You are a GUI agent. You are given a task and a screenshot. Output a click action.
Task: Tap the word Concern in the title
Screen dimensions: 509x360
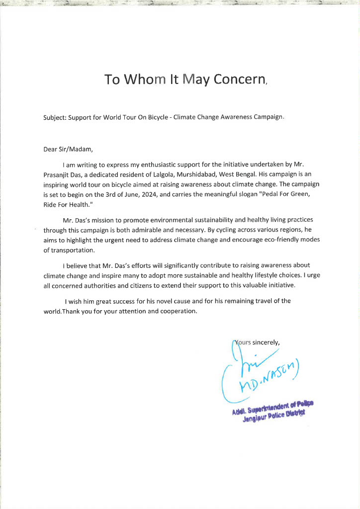[x=240, y=80]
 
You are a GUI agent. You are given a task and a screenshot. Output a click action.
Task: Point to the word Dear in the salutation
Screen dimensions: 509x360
[x=51, y=149]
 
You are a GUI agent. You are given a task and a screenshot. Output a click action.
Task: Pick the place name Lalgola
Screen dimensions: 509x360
[x=164, y=174]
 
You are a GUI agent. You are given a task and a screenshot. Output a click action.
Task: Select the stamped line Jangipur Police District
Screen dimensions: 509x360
[x=273, y=416]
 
